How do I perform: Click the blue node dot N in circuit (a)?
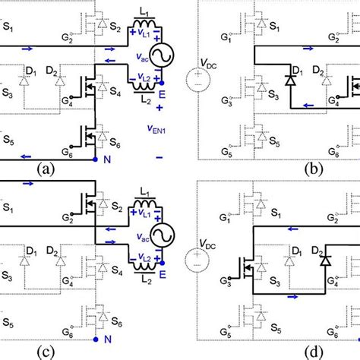(x=95, y=160)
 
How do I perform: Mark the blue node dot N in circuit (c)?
(x=95, y=341)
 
